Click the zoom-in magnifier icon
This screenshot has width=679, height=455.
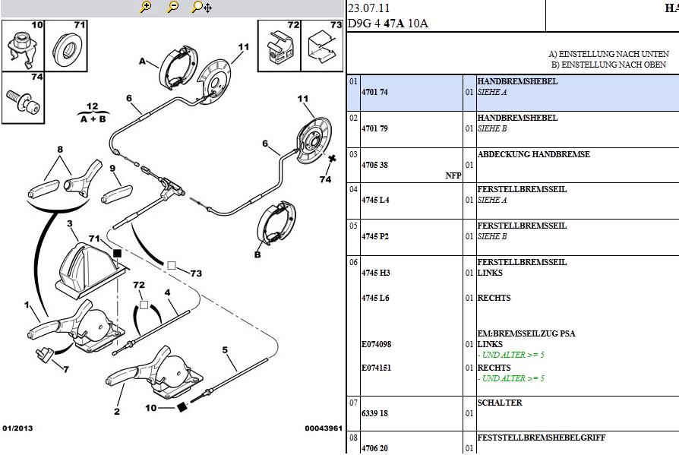click(146, 8)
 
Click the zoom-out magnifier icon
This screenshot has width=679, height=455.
click(172, 8)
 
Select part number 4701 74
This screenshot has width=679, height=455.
click(374, 92)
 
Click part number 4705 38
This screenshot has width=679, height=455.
click(374, 165)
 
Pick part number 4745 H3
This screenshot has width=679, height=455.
click(375, 273)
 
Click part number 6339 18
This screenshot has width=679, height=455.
click(374, 414)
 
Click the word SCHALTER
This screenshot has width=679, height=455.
click(499, 403)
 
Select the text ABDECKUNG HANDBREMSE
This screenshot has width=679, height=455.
click(533, 154)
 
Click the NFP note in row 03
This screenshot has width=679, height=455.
click(453, 175)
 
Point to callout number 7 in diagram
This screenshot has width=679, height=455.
click(66, 370)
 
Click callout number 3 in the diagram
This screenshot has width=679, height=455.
click(69, 224)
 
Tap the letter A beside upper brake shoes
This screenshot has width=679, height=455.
click(142, 62)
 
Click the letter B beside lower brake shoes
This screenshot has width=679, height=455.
click(257, 254)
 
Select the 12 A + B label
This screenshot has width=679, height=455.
click(92, 112)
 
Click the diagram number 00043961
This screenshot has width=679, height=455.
click(323, 428)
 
